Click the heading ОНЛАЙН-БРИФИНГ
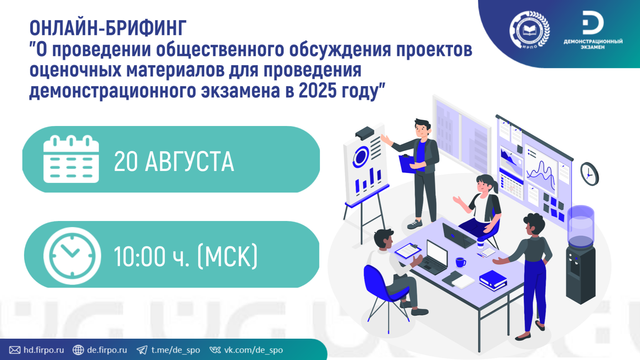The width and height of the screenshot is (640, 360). tap(108, 28)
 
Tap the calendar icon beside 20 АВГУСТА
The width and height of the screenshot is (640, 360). tap(71, 159)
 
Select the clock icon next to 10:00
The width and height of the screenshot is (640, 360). tap(72, 256)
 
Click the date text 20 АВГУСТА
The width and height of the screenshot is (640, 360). tap(174, 162)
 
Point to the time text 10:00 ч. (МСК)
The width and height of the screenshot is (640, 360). tap(186, 256)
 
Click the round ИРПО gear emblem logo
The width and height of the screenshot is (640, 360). tap(530, 30)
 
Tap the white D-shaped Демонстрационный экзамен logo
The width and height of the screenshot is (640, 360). tap(593, 23)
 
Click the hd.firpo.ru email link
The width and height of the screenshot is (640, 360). tap(37, 350)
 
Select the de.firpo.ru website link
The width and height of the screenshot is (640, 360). tap(100, 350)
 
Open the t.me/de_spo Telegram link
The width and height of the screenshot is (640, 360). tap(168, 350)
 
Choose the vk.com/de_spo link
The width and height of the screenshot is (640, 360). tap(246, 350)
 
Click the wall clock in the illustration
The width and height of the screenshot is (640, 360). tap(589, 174)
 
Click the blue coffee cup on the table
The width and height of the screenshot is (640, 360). tap(461, 262)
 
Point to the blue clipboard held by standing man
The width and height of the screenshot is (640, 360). tap(407, 164)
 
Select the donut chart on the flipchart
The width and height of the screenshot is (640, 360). tap(360, 157)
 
